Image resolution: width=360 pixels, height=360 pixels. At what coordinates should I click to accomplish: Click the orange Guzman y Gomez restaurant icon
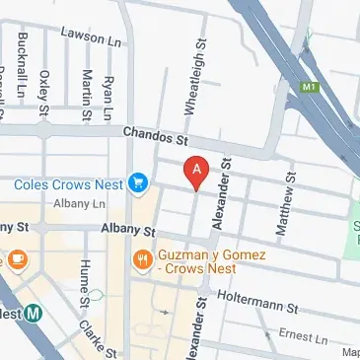[143, 260]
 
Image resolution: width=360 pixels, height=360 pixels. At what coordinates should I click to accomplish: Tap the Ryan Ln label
[108, 91]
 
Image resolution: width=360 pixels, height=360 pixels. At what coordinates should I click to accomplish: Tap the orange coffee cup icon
[18, 258]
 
